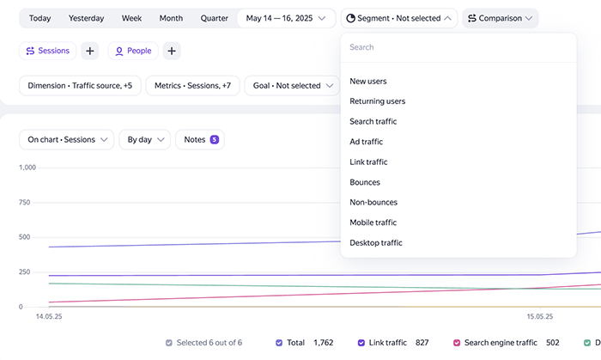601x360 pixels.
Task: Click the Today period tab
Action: click(39, 18)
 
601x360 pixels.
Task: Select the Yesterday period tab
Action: click(86, 18)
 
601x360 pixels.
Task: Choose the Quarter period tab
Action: click(215, 18)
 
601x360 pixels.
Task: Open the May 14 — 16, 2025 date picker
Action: click(286, 18)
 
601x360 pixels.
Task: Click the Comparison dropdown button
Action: click(501, 18)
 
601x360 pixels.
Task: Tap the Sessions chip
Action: click(47, 51)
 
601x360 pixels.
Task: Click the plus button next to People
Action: click(172, 51)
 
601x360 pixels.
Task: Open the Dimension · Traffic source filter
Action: click(80, 86)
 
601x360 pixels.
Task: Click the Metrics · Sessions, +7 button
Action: click(193, 86)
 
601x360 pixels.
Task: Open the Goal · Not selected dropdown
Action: click(292, 86)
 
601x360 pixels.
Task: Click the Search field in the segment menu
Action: click(458, 47)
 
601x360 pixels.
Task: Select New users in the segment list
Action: click(368, 82)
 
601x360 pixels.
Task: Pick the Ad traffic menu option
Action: click(366, 142)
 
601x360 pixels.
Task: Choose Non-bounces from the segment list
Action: click(373, 203)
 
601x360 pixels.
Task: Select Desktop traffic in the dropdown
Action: click(376, 242)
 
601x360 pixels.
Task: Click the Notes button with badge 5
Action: click(200, 139)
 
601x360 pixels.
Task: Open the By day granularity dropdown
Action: click(144, 139)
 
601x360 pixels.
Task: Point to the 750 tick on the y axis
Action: click(25, 203)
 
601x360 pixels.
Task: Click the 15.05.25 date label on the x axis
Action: click(540, 317)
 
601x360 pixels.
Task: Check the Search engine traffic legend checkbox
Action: click(457, 343)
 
